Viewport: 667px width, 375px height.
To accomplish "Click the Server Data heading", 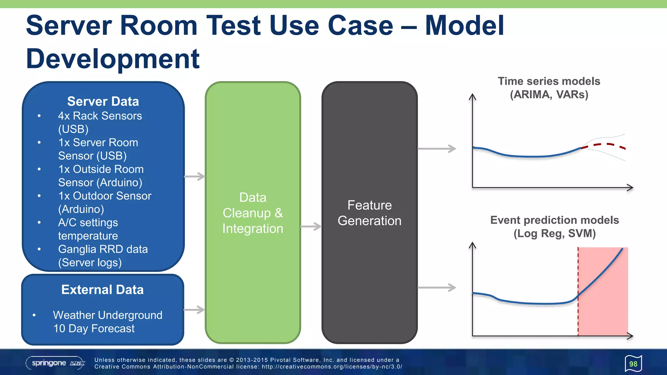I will [103, 101].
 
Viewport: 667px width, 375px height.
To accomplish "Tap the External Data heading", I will [102, 289].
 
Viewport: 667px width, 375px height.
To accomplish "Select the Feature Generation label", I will [369, 213].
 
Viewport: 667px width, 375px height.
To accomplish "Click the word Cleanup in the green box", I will [247, 213].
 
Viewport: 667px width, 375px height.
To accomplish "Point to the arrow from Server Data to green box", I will [195, 176].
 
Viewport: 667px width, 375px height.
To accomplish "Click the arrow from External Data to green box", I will [194, 310].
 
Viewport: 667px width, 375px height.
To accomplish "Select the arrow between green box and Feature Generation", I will [311, 227].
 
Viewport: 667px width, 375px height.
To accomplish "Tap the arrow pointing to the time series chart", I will [437, 149].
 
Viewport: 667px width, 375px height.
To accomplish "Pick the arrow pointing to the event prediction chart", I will [437, 287].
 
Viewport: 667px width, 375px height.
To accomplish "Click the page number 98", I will [633, 364].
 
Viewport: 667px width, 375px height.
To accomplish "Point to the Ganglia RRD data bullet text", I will [103, 249].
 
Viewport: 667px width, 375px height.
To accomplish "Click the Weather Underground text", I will [107, 315].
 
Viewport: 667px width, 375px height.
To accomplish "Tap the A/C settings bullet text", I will [88, 223].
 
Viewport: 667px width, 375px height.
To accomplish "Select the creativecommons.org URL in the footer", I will [332, 367].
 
